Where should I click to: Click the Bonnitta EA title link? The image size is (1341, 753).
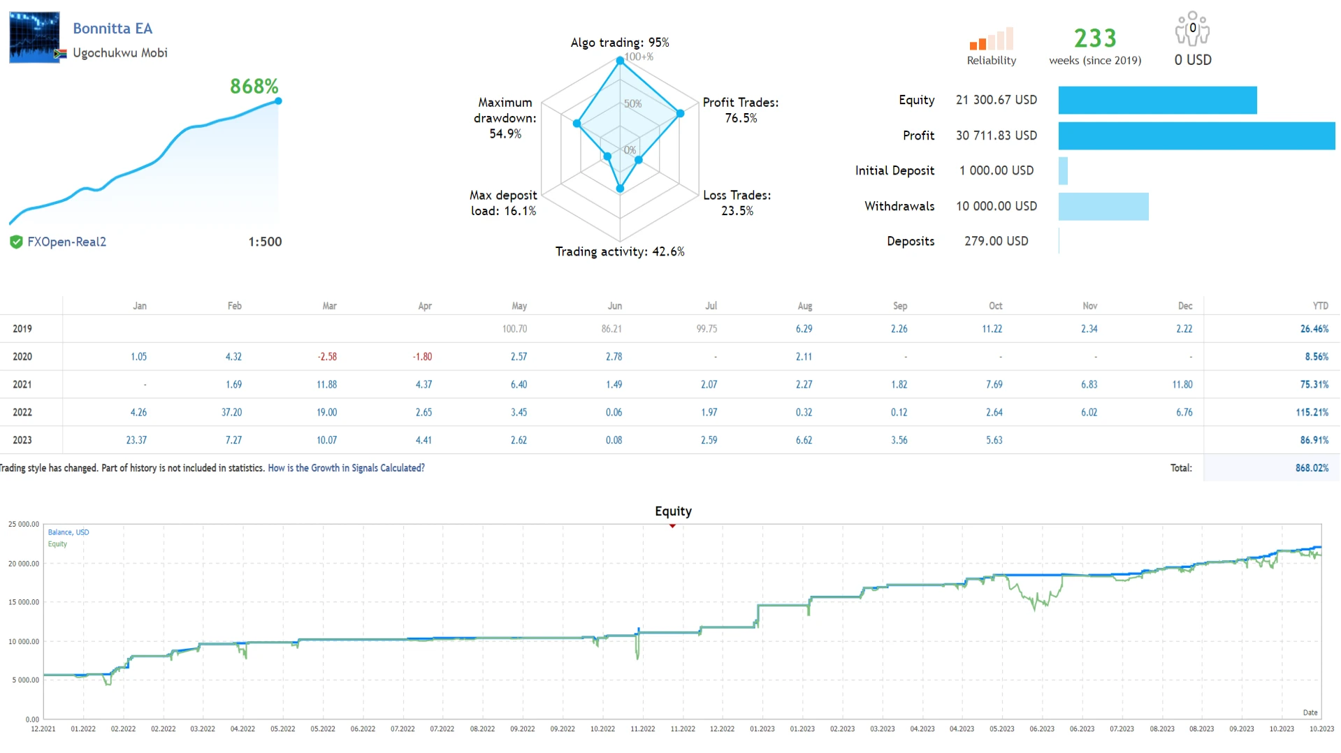pos(113,29)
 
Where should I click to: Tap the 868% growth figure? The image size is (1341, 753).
pos(254,87)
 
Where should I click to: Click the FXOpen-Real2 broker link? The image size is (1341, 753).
pos(66,242)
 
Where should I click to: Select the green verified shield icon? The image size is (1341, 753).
pos(16,242)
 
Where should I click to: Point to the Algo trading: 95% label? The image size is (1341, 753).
pos(619,43)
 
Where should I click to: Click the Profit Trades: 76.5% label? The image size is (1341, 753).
pos(740,110)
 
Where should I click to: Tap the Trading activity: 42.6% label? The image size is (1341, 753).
pos(619,251)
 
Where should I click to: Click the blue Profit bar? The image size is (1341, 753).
pos(1196,136)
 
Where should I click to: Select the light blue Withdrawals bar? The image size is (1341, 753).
pos(1103,207)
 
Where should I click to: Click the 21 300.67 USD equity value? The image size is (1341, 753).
pos(996,100)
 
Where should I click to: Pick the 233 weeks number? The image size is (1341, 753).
pos(1094,38)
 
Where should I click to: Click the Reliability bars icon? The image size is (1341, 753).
pos(991,39)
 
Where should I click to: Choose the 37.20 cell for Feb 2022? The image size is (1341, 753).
pos(231,413)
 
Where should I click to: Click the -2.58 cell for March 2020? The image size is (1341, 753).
pos(327,357)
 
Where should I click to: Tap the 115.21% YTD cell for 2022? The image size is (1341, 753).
pos(1312,413)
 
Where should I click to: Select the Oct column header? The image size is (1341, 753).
pos(995,306)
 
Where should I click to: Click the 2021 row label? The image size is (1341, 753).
pos(22,385)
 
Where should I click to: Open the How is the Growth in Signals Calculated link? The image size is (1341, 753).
pos(346,468)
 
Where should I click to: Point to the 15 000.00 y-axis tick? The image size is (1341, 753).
pos(24,602)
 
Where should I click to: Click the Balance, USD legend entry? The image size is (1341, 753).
pos(68,532)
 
